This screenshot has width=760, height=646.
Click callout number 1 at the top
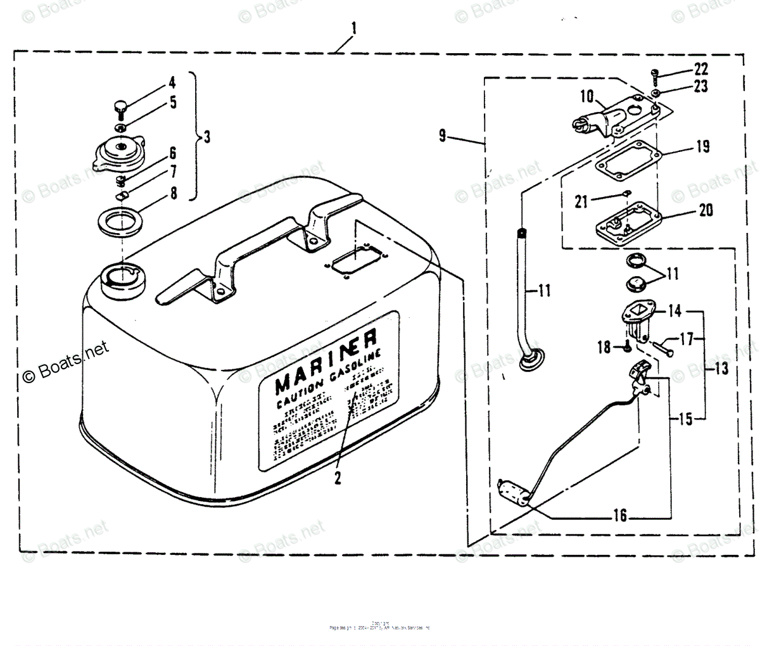click(354, 28)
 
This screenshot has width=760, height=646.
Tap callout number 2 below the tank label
click(338, 478)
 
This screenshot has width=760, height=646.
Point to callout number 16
click(620, 516)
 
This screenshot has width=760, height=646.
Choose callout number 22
click(700, 68)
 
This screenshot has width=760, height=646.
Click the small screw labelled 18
click(624, 346)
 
